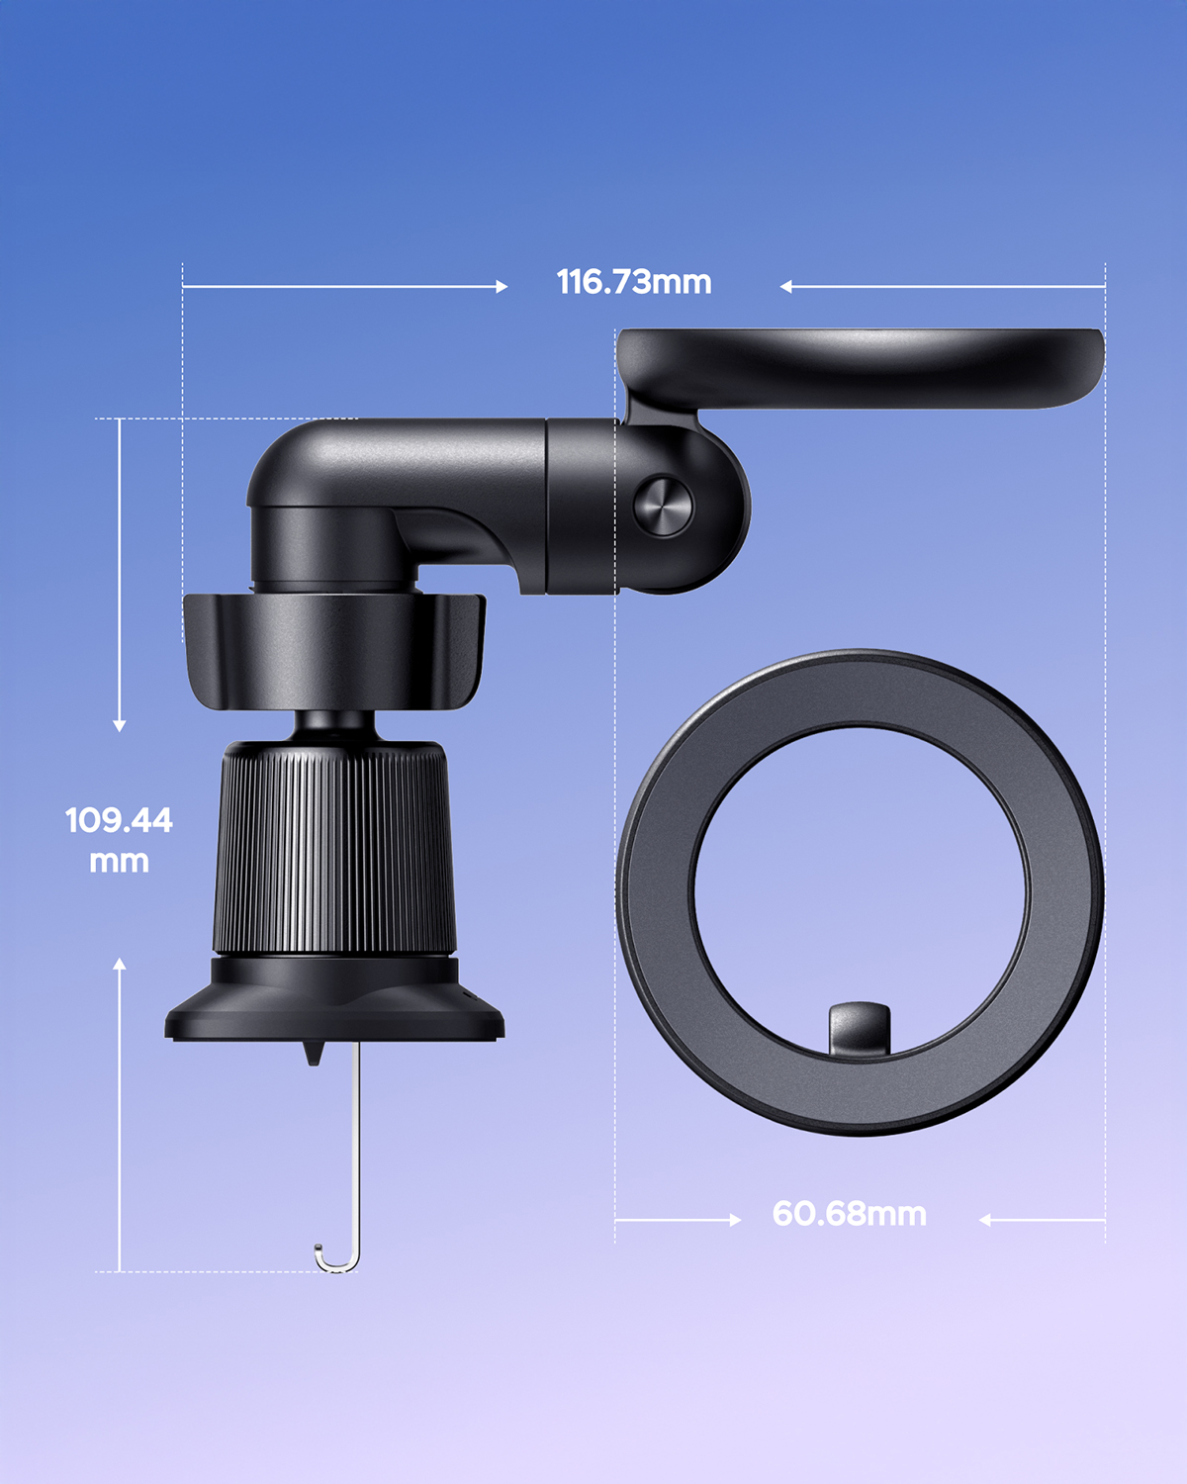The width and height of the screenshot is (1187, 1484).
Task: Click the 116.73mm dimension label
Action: click(x=634, y=282)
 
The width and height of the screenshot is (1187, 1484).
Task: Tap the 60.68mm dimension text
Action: click(x=849, y=1214)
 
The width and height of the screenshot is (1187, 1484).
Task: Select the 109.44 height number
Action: click(x=119, y=820)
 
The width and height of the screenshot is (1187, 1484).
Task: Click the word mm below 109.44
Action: click(x=119, y=862)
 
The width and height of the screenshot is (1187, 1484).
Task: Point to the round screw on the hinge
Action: click(x=663, y=507)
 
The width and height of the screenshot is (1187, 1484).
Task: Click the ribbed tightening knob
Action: click(x=334, y=848)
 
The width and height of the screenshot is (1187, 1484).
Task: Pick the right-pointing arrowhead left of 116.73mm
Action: click(x=502, y=286)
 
